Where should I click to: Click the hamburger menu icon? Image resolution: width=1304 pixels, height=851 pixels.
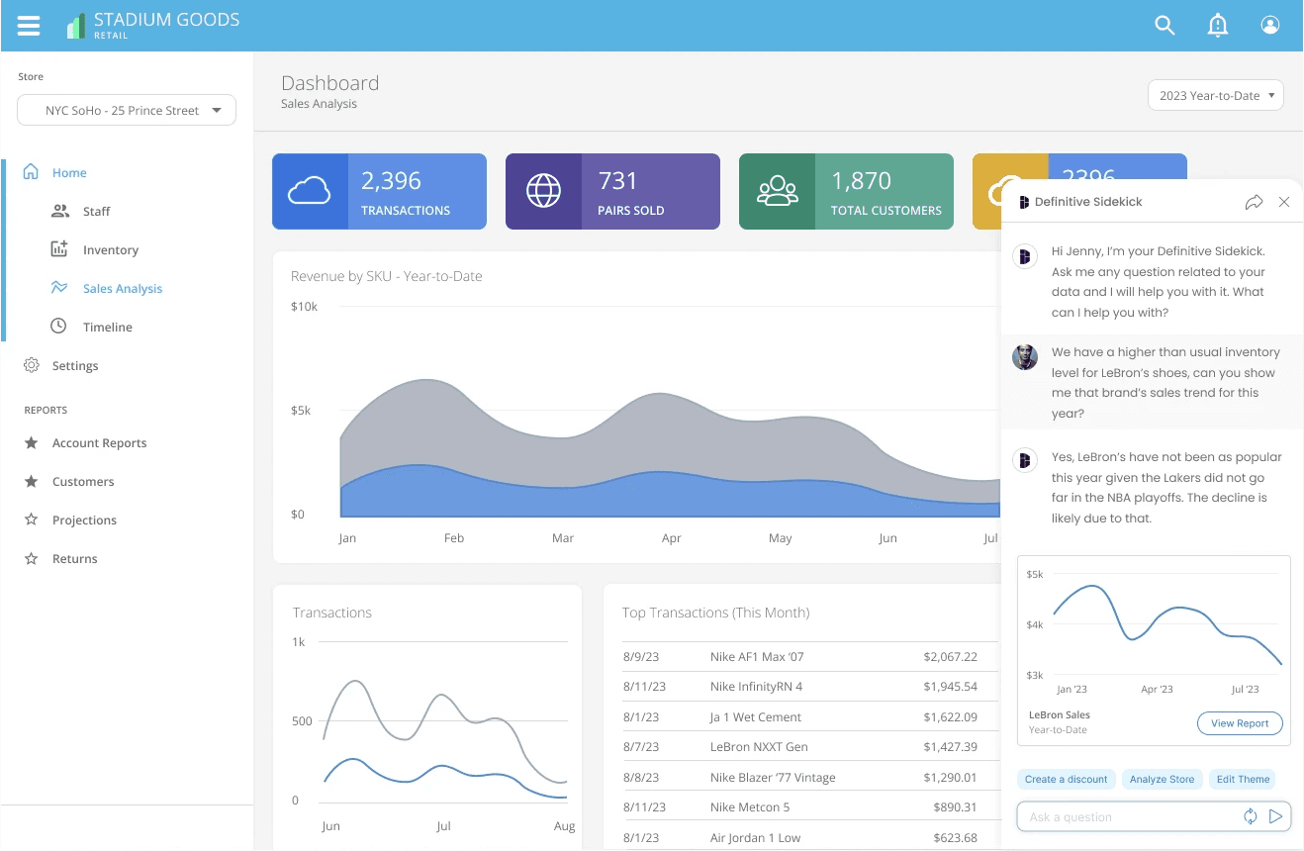pyautogui.click(x=29, y=26)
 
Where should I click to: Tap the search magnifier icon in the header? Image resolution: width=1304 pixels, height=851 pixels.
pyautogui.click(x=1164, y=25)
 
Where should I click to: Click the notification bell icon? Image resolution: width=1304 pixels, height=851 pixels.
pyautogui.click(x=1217, y=25)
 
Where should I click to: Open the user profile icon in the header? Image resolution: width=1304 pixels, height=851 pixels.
pyautogui.click(x=1269, y=25)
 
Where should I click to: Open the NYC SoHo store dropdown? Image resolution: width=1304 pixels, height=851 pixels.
pyautogui.click(x=127, y=110)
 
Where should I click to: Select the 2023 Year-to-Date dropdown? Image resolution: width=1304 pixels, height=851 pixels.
pyautogui.click(x=1216, y=95)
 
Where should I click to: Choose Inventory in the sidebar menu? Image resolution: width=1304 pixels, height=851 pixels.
pyautogui.click(x=111, y=249)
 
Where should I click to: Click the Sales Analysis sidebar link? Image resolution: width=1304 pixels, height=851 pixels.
pyautogui.click(x=123, y=288)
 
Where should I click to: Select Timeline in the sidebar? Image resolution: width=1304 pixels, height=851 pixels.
pyautogui.click(x=107, y=327)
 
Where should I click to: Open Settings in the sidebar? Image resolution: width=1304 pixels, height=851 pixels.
pyautogui.click(x=75, y=365)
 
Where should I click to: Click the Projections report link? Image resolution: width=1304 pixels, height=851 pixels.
pyautogui.click(x=84, y=520)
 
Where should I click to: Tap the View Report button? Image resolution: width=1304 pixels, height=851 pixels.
pyautogui.click(x=1240, y=723)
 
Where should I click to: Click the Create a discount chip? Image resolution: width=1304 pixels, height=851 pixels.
pyautogui.click(x=1066, y=779)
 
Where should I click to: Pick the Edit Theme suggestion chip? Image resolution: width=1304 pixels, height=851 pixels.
pyautogui.click(x=1243, y=779)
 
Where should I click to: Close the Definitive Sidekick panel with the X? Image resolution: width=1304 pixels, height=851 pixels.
pyautogui.click(x=1283, y=202)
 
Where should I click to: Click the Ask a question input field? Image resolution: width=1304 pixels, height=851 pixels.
pyautogui.click(x=1129, y=816)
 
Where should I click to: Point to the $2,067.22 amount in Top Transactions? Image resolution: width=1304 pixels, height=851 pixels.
pyautogui.click(x=950, y=657)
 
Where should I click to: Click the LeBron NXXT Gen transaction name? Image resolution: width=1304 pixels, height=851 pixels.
pyautogui.click(x=759, y=747)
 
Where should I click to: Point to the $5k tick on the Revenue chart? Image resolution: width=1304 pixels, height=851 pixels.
pyautogui.click(x=301, y=411)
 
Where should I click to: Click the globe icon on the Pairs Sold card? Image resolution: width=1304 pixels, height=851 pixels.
pyautogui.click(x=543, y=191)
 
